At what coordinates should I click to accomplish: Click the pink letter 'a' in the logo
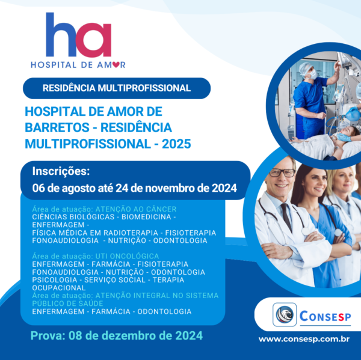click(94, 40)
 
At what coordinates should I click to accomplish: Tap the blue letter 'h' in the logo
click(60, 34)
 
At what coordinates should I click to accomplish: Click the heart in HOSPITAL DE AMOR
click(116, 65)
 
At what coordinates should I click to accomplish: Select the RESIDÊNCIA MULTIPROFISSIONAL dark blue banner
click(117, 88)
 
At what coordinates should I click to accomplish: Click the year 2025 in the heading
click(176, 144)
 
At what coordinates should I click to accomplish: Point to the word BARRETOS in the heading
click(57, 127)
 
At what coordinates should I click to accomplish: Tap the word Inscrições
click(61, 171)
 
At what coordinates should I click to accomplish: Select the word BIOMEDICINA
click(146, 217)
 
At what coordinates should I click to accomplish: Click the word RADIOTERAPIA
click(131, 233)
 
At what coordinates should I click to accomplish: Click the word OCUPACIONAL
click(59, 288)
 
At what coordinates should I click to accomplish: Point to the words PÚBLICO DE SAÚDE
click(67, 304)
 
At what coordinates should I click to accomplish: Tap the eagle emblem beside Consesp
click(285, 314)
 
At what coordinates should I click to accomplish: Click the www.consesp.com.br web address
click(304, 340)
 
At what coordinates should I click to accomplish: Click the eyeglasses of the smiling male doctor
click(282, 172)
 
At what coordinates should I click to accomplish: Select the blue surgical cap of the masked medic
click(306, 67)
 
